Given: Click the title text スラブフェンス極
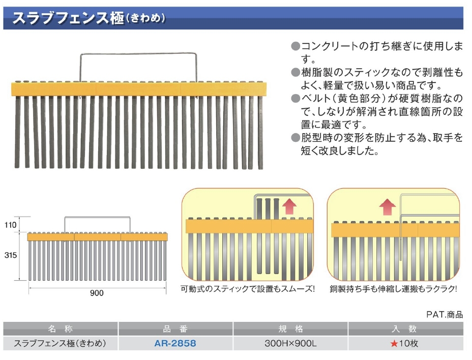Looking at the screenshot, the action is point(68,18).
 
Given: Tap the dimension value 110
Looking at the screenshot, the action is point(11,225).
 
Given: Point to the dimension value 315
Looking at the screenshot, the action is point(11,255).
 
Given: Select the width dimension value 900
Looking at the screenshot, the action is point(97,293).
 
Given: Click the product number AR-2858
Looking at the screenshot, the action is point(175,343).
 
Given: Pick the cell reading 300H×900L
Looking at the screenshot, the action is point(290,343).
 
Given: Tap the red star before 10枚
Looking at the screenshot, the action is point(394,343).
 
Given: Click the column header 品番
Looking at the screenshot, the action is point(175,328).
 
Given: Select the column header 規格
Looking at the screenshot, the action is point(290,328).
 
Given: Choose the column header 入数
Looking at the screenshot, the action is point(404,328).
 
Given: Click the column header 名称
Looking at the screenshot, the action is point(60,328).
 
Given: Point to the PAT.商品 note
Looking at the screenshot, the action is point(445,315).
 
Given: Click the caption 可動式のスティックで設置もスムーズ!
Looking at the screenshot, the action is point(247,289).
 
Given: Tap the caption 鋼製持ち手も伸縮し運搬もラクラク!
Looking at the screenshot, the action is point(393,289).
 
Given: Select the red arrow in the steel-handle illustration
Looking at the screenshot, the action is point(387,207).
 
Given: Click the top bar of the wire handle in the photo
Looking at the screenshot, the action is point(138,54).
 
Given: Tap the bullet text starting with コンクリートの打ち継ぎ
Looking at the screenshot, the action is point(381,52).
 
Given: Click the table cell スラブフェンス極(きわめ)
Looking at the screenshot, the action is point(60,343).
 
